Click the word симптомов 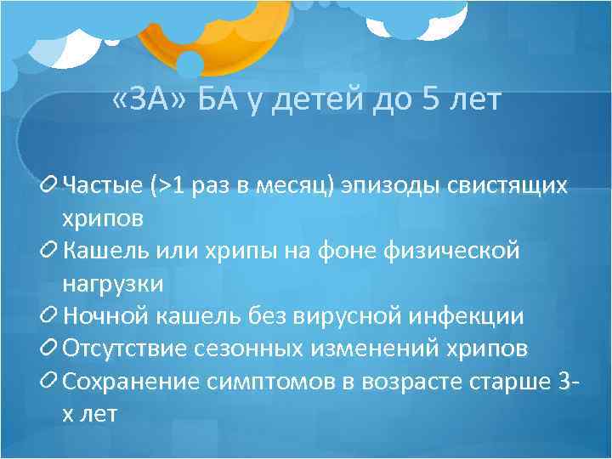click(272, 382)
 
